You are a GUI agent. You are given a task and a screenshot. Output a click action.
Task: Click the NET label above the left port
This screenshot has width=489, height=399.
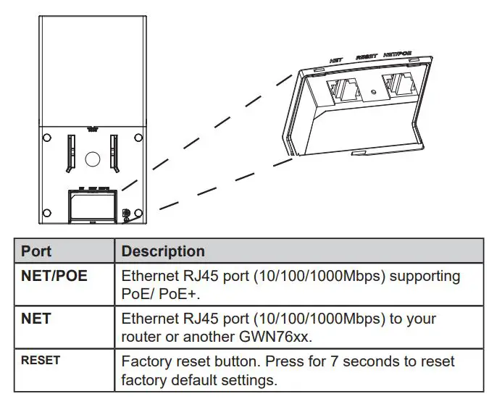coord(336,62)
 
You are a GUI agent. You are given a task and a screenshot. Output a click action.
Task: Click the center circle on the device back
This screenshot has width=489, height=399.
coord(92,158)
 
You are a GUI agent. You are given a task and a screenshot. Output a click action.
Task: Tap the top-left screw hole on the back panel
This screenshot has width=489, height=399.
coord(47,137)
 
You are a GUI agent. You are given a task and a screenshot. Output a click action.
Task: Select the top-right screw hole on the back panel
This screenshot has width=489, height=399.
coord(137,137)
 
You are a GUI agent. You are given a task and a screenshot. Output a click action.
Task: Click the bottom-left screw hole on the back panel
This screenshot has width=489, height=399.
coord(47,212)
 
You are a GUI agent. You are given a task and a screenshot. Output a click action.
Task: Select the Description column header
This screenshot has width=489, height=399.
coord(163,252)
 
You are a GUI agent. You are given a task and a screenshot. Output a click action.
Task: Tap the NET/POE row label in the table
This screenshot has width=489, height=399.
coord(54,276)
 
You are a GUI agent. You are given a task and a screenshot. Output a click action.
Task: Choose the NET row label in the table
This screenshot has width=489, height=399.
coord(36,319)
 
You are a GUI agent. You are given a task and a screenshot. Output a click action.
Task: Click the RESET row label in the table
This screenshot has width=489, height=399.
coord(41,360)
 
